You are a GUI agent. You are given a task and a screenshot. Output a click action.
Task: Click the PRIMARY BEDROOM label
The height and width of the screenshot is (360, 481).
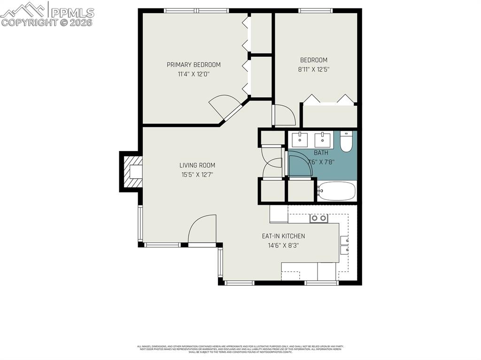(x=194, y=65)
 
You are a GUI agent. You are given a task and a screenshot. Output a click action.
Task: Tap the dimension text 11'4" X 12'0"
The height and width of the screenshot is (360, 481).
(x=194, y=74)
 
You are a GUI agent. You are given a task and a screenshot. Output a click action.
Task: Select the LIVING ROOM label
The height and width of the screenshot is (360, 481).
(x=197, y=165)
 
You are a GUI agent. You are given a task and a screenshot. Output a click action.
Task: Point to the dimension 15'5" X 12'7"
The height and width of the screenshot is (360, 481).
(x=197, y=174)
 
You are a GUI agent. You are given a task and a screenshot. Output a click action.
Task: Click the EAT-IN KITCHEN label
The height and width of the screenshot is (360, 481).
(x=283, y=236)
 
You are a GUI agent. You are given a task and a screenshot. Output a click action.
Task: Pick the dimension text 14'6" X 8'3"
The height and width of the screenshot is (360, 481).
(x=283, y=245)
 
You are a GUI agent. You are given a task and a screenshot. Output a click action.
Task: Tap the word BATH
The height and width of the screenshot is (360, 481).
(x=321, y=153)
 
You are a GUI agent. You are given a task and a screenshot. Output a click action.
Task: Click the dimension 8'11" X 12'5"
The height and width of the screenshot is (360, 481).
(x=314, y=69)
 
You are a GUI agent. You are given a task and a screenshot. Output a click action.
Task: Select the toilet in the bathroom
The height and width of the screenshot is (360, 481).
(x=346, y=142)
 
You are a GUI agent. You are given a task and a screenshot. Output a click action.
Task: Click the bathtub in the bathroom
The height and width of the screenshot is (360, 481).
(x=336, y=191)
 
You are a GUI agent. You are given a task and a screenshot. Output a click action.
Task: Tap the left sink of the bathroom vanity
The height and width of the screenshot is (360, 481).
(x=300, y=139)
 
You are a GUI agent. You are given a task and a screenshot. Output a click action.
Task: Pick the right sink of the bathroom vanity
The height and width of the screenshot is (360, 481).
(x=322, y=139)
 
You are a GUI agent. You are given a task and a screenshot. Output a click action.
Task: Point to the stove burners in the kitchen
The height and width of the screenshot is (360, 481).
(x=319, y=218)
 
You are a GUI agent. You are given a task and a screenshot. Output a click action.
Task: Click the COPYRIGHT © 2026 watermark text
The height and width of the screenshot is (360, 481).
(x=47, y=22)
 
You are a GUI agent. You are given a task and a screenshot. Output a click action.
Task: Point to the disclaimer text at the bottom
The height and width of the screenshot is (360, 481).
(x=240, y=349)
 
